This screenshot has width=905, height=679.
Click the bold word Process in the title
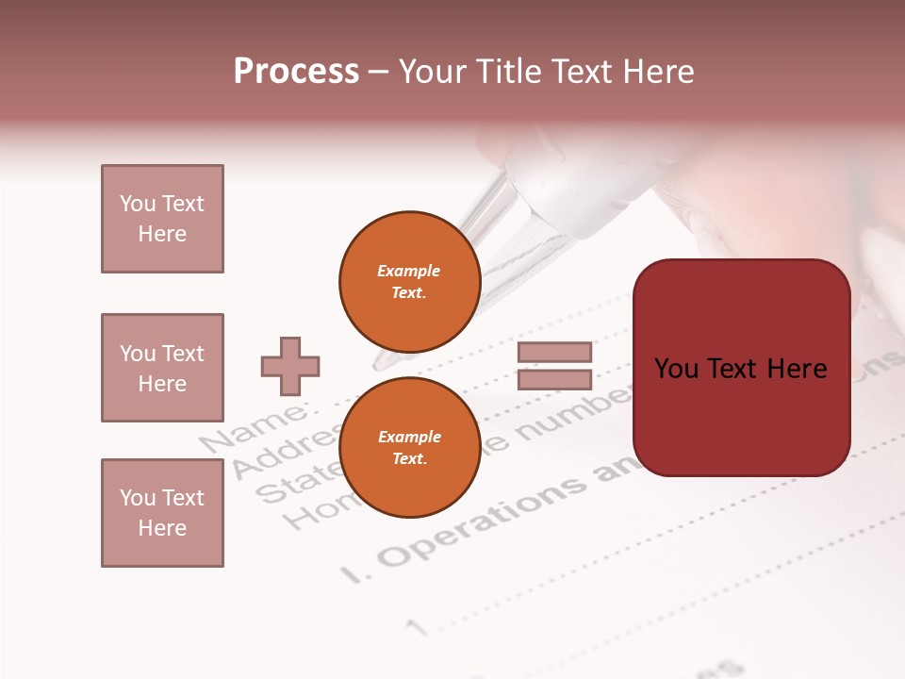coord(296,72)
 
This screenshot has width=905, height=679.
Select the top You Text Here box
coord(162,219)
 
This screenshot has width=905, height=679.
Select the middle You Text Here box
coord(162,368)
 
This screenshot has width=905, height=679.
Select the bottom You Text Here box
coord(162,513)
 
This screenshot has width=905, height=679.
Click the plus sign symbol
coord(290,366)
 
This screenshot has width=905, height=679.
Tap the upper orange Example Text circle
coord(409,281)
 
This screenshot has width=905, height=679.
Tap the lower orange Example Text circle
coord(409,447)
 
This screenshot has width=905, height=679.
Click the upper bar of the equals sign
coord(554,352)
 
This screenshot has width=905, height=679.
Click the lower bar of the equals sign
coord(554,379)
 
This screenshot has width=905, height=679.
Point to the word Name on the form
coord(255,429)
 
